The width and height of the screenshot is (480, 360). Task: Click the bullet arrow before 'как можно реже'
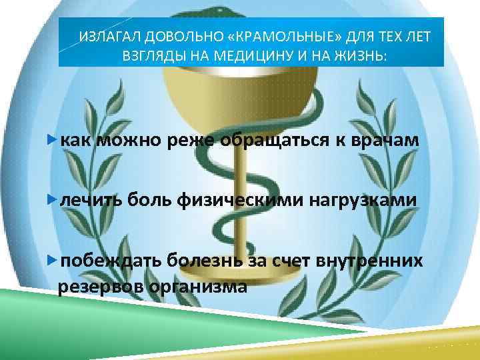click(x=53, y=141)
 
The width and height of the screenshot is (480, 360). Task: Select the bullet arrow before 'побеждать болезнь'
click(x=53, y=259)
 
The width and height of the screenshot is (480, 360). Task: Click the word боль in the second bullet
click(x=152, y=200)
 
